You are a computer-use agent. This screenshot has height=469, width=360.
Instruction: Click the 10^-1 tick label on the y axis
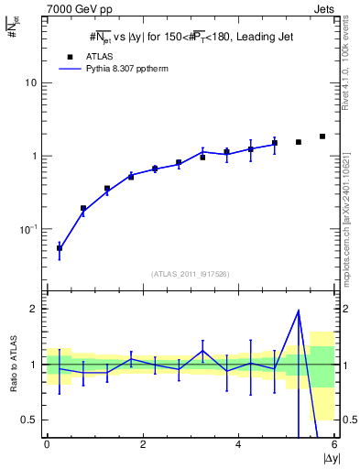click(28, 229)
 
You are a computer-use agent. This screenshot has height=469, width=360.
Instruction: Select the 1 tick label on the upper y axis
click(34, 156)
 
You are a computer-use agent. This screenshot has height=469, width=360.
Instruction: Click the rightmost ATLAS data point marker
click(322, 136)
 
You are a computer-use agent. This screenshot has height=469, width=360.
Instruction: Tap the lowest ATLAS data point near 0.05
click(60, 248)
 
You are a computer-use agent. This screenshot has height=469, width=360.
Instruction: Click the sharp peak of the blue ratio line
click(299, 311)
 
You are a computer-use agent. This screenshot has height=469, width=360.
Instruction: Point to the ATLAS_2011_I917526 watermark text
click(191, 274)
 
